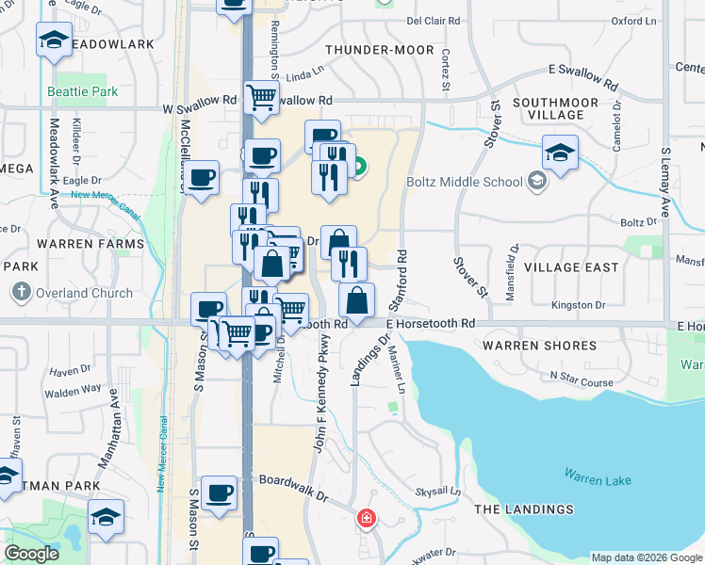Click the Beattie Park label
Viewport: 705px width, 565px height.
pyautogui.click(x=83, y=91)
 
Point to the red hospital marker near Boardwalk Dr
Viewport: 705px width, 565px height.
pyautogui.click(x=366, y=518)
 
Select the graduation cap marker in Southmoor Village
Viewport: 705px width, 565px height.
pyautogui.click(x=560, y=153)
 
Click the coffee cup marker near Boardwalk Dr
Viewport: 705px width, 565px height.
pyautogui.click(x=219, y=492)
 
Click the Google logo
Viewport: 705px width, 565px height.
pyautogui.click(x=31, y=554)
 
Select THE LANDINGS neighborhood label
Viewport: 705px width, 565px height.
pyautogui.click(x=523, y=509)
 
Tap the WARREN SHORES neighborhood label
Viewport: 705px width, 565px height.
pyautogui.click(x=539, y=346)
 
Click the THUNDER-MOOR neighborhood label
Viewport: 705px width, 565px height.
pyautogui.click(x=380, y=50)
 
